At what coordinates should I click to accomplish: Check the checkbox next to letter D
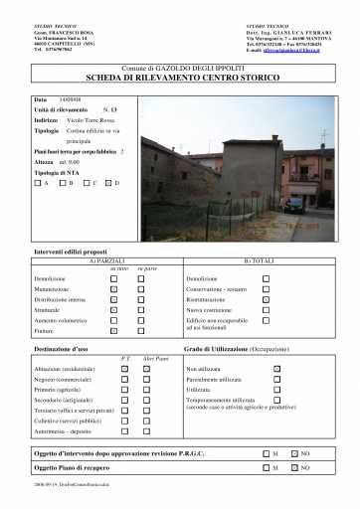click(x=109, y=183)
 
